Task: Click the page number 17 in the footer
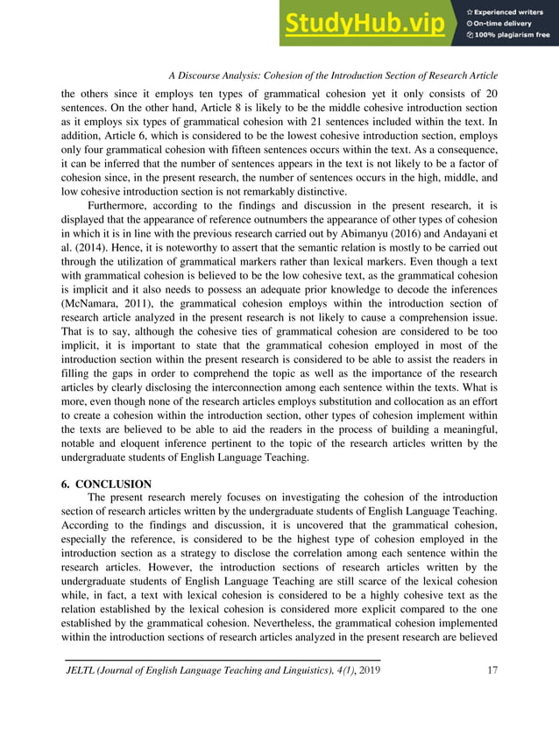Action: [492, 671]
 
